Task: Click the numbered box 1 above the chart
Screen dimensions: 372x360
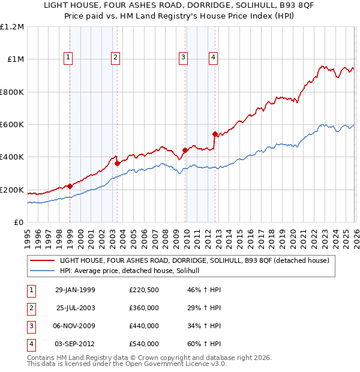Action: pos(68,58)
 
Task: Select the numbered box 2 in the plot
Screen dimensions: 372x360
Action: pos(115,58)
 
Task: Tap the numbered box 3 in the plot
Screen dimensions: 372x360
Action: pos(183,58)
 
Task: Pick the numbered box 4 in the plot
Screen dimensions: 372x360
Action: pos(213,58)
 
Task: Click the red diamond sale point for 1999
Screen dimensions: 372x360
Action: pos(70,186)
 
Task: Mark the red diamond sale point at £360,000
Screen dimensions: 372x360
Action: pos(118,163)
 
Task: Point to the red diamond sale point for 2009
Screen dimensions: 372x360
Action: pos(185,151)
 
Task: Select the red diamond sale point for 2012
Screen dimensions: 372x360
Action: pos(215,134)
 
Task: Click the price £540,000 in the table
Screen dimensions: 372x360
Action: pos(144,344)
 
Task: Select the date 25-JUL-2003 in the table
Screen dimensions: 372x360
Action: pos(75,308)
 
